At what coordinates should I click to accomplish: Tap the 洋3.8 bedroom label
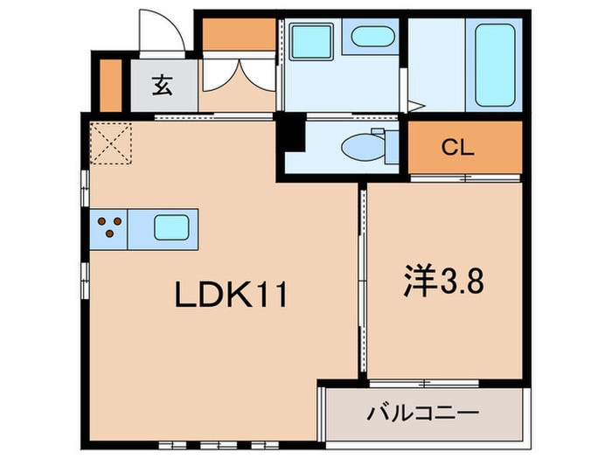(442, 282)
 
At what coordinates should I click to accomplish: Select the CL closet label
(456, 148)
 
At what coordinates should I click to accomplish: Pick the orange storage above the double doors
(238, 34)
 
